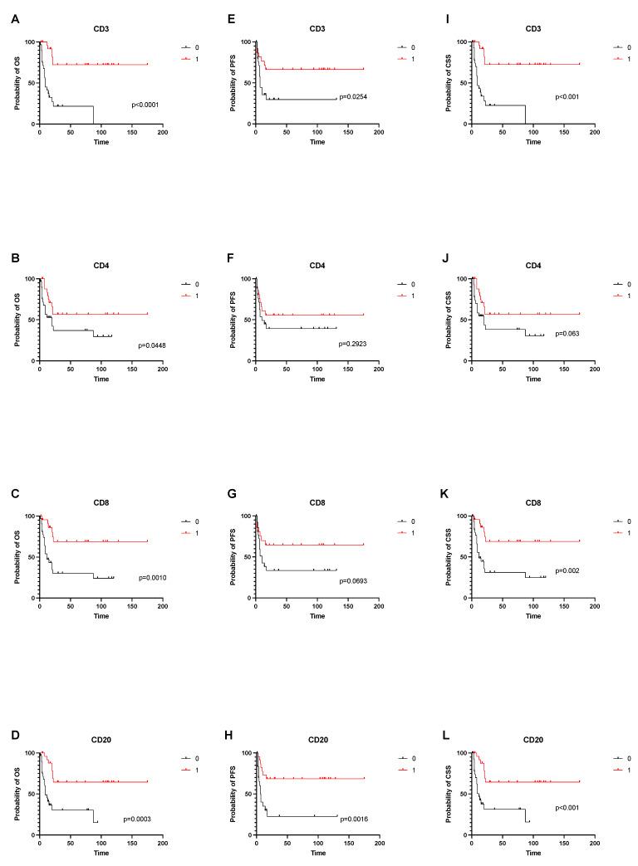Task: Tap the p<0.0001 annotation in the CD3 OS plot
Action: pyautogui.click(x=147, y=105)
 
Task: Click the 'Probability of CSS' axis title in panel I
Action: pyautogui.click(x=449, y=82)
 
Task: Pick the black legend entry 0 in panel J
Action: pyautogui.click(x=625, y=284)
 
